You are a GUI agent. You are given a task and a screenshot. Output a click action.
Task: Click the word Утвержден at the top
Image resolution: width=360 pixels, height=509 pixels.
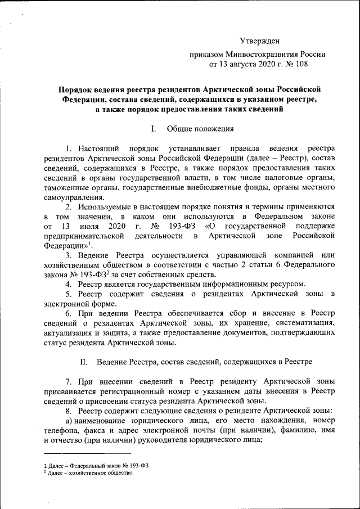click(x=259, y=41)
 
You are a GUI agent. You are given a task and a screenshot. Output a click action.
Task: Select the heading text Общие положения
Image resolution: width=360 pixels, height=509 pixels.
click(x=200, y=128)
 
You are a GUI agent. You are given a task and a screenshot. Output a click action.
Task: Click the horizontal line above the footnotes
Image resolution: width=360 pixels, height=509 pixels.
click(x=87, y=453)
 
